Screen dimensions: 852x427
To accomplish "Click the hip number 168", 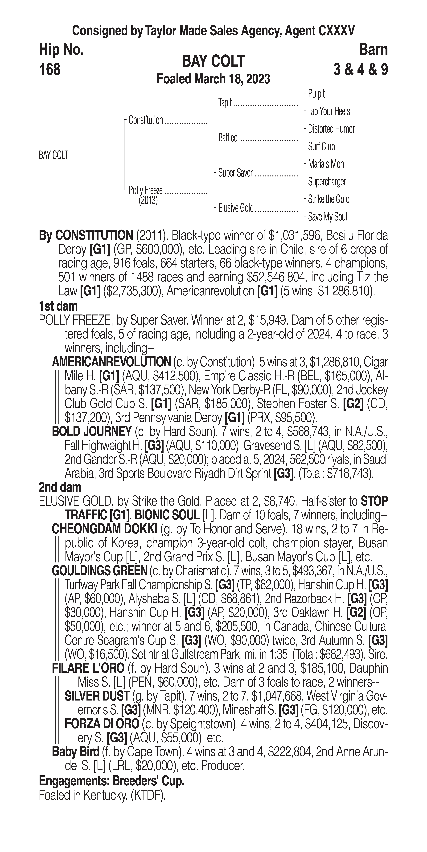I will (x=50, y=70).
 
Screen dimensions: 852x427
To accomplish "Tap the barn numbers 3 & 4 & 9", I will (x=361, y=70).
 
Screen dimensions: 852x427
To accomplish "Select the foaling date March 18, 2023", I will (x=213, y=79).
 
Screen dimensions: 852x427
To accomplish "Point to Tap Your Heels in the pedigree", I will (x=329, y=111).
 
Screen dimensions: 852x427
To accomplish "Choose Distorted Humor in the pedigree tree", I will (x=331, y=129).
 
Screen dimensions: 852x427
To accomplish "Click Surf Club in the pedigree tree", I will (x=321, y=147).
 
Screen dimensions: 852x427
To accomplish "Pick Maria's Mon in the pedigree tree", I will (x=326, y=164).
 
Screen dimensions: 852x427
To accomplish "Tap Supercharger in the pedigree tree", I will (x=327, y=182).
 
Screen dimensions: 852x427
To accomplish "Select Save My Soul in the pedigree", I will (x=327, y=217).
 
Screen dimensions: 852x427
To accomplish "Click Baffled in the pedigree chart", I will (x=228, y=138).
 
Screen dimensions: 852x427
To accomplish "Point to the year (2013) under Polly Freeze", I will (x=148, y=200).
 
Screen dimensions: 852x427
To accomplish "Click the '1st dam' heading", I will (x=58, y=306).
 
